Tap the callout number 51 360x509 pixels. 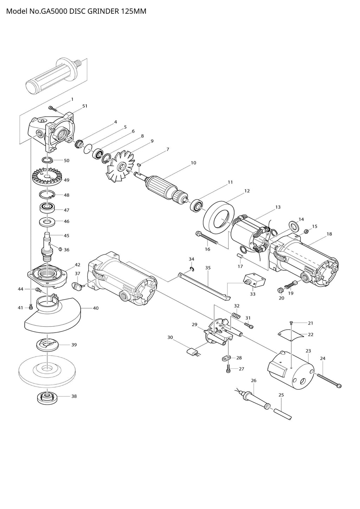click(85, 106)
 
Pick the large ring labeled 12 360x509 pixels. click(218, 217)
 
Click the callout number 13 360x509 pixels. click(278, 207)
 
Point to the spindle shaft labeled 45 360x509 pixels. click(47, 243)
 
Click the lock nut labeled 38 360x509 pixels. click(47, 398)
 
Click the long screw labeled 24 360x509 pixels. click(329, 380)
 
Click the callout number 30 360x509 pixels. click(170, 337)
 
